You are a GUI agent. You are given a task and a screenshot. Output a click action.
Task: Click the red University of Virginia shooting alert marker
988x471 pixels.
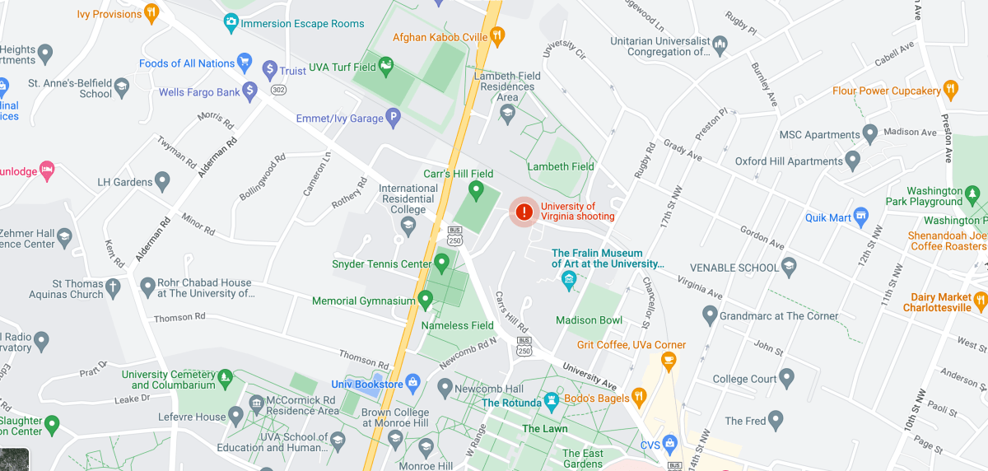[524, 212]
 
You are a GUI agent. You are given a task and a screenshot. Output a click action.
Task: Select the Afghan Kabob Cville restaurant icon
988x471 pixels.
[496, 35]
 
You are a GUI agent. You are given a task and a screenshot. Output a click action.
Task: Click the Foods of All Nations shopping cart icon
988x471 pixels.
[244, 62]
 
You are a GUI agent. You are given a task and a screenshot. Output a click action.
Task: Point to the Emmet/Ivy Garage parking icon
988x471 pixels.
[394, 118]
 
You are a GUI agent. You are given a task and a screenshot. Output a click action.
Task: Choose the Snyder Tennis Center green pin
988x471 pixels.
[441, 263]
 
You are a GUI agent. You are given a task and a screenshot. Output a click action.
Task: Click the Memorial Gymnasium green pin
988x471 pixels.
[426, 300]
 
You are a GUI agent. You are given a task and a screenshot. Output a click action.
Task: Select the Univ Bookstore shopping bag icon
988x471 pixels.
[413, 383]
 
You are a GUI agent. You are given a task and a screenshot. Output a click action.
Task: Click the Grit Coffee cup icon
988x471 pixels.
[669, 359]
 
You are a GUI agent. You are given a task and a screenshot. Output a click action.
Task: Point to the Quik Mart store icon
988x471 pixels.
[861, 217]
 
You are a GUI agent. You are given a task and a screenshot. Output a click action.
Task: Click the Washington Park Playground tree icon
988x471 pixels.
[973, 194]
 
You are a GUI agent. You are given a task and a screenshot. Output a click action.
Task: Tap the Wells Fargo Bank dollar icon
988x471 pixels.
[250, 91]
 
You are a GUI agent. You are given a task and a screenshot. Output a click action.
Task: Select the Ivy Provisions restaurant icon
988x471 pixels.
[151, 12]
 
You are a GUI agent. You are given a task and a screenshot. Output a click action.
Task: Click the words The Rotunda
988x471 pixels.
[511, 403]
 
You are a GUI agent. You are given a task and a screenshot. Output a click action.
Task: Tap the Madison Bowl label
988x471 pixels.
[589, 320]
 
